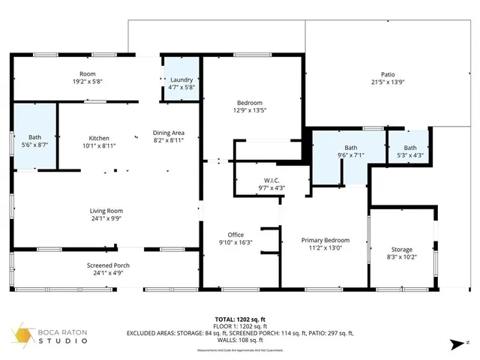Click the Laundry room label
[x=181, y=79]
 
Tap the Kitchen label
[x=99, y=138]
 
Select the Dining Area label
[x=168, y=132]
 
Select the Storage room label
[x=401, y=249]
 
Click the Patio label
[x=387, y=73]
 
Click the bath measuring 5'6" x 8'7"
[x=35, y=144]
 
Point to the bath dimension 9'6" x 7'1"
[x=351, y=155]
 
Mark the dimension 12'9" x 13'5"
[x=250, y=110]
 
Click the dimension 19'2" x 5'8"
[x=88, y=82]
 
